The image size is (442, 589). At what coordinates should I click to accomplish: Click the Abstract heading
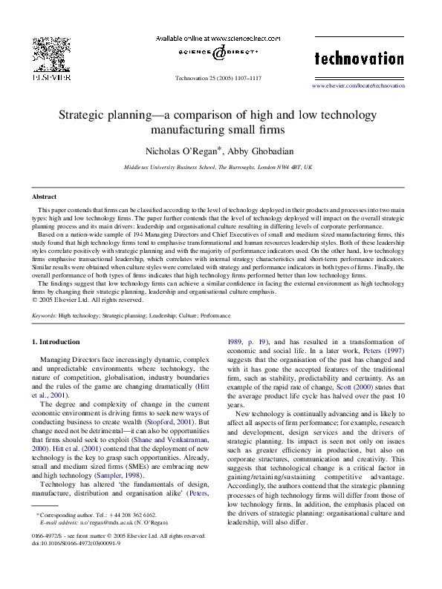pos(45,197)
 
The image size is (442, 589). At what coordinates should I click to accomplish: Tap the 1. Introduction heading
pos(59,341)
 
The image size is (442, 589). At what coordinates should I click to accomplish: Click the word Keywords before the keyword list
pos(45,315)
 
